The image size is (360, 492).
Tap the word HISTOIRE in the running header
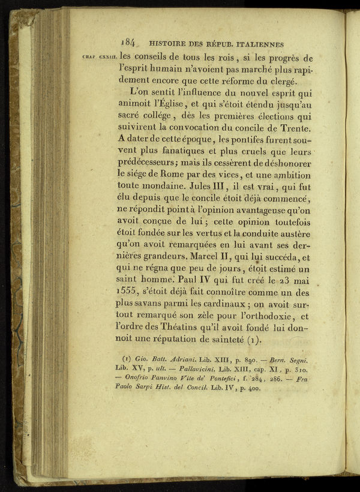click(x=169, y=44)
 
